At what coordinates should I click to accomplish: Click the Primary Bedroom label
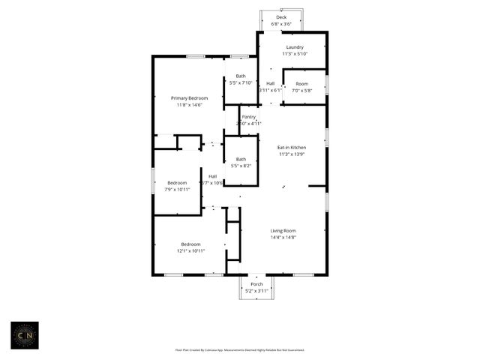click(x=189, y=98)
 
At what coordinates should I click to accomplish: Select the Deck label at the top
click(x=281, y=17)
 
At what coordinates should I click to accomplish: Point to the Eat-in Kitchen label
click(x=292, y=148)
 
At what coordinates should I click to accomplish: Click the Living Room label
click(x=283, y=231)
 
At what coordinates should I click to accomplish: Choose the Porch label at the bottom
click(x=256, y=284)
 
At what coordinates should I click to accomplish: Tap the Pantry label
click(x=249, y=117)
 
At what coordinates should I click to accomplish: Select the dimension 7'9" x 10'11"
click(x=178, y=189)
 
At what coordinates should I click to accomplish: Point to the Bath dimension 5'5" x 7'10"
click(x=241, y=82)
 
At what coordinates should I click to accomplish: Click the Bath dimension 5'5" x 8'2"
click(x=241, y=166)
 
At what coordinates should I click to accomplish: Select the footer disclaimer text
click(x=239, y=349)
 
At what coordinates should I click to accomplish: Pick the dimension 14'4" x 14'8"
click(x=283, y=238)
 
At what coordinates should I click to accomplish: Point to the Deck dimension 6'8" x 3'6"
click(x=281, y=24)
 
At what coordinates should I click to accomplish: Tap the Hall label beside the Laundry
click(x=270, y=83)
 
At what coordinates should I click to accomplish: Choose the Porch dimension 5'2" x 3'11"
click(x=256, y=291)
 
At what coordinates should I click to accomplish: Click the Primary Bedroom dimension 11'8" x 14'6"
click(x=189, y=105)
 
